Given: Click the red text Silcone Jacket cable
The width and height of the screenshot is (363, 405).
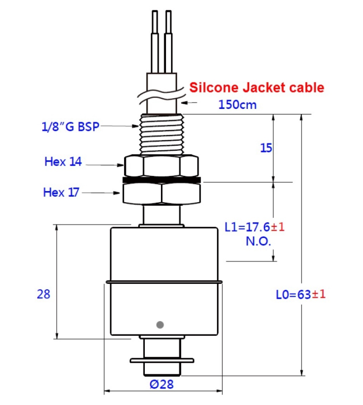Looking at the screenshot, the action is point(257,87).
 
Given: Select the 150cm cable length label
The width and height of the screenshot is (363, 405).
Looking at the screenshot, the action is point(237,105).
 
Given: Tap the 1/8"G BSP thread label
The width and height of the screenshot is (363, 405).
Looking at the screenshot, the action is point(70,126).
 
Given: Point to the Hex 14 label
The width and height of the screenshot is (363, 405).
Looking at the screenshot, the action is point(63,162).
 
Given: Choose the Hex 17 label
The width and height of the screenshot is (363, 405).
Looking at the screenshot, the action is point(61,192).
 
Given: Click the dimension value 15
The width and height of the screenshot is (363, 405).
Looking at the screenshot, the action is point(266,148).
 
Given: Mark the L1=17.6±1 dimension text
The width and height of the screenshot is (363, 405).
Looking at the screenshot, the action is point(255,227).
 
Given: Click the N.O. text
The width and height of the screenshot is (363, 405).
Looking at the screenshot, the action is point(258,241).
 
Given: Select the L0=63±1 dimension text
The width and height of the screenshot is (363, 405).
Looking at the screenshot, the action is point(301,294).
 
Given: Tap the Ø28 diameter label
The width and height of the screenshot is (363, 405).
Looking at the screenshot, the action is point(162,384).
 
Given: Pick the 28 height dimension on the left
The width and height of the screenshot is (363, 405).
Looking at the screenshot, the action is point(44,294).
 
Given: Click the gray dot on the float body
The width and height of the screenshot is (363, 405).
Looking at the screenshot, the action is point(160,325).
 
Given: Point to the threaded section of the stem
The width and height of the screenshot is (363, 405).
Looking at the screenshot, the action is point(162,134).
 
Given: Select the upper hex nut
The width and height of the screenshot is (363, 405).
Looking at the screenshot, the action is point(161,166).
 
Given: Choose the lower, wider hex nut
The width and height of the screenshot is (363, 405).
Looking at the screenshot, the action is point(162,193).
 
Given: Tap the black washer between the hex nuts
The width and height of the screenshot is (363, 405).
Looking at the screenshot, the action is point(162,180).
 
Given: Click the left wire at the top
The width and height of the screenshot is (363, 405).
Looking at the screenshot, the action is point(155,41).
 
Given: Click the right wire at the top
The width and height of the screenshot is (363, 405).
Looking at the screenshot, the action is point(168,41).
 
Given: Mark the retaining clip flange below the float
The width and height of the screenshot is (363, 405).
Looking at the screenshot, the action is point(162,361).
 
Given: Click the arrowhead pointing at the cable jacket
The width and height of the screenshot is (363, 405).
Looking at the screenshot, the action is point(184,103).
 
